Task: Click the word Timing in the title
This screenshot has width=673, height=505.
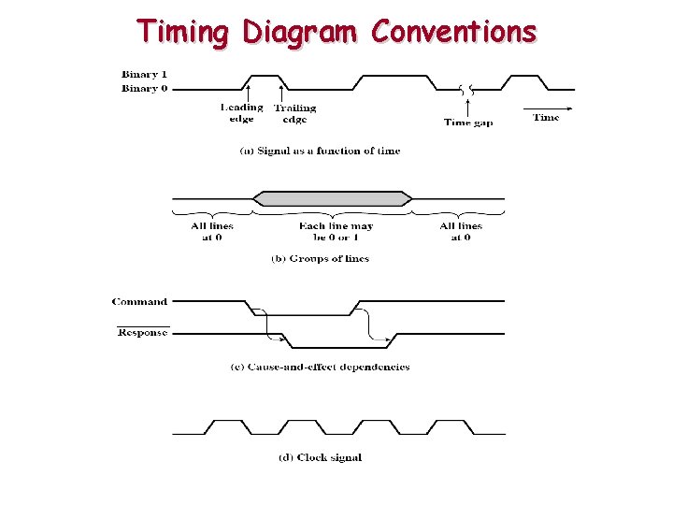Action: pos(184,32)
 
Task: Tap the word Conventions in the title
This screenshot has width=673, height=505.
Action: pos(453,32)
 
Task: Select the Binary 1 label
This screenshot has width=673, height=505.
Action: pos(145,74)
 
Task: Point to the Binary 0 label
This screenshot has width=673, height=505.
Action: pos(145,89)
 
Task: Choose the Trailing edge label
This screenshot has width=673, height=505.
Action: pos(294,113)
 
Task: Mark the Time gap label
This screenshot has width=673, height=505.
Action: pos(468,122)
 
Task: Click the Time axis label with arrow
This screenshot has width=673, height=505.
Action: pos(546,117)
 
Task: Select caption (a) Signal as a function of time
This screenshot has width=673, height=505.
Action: pos(320,151)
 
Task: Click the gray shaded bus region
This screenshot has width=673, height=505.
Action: pos(333,198)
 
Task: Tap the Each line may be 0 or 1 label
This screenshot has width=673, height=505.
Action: pos(336,231)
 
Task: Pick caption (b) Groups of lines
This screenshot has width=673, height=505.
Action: pos(320,258)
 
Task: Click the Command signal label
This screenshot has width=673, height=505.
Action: pos(140,301)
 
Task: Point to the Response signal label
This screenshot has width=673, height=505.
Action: pos(143,332)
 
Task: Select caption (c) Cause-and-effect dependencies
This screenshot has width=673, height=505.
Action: pos(320,367)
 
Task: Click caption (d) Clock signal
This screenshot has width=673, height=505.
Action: pos(320,457)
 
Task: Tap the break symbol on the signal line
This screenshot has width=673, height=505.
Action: pos(467,90)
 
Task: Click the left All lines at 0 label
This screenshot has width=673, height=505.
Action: pos(212,231)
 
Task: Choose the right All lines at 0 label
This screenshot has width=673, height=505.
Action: pos(461,231)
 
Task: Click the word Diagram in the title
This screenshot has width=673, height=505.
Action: pos(300,32)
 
